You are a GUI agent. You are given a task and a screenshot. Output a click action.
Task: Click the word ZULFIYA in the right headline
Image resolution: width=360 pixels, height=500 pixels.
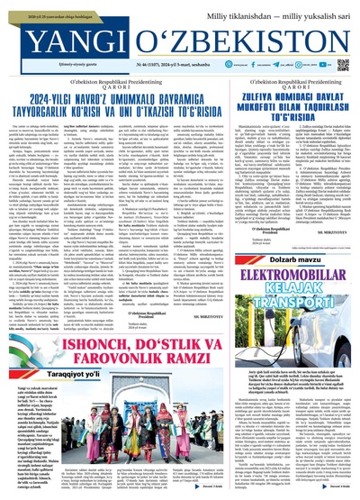(x=244, y=90)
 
